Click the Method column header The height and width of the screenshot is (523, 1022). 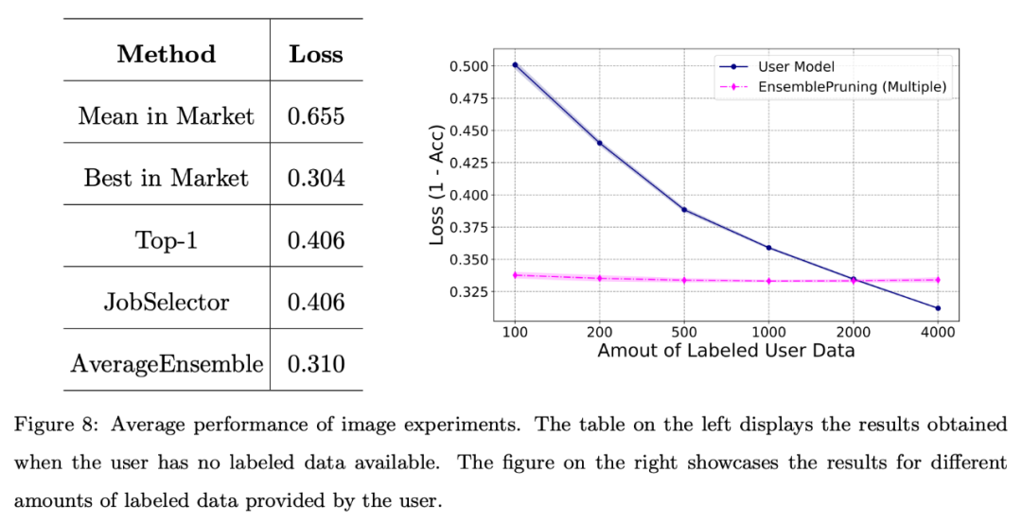click(167, 54)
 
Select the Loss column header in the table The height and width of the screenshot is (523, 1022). click(316, 54)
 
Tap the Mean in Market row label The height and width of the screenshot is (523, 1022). click(167, 116)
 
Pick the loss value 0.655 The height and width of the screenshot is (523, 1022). click(316, 116)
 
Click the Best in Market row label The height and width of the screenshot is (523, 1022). click(167, 178)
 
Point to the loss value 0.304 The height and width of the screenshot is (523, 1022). click(316, 178)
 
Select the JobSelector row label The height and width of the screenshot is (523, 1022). click(167, 303)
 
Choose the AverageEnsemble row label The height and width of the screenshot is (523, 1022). click(167, 364)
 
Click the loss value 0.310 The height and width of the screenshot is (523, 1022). click(316, 364)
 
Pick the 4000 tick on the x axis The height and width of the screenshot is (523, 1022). click(938, 332)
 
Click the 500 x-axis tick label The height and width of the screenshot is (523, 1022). click(684, 332)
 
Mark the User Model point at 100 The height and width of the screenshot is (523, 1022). click(515, 65)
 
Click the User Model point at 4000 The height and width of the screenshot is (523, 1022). click(938, 308)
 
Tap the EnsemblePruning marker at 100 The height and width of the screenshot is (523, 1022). click(515, 275)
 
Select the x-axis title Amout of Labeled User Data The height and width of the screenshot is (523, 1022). click(726, 352)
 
